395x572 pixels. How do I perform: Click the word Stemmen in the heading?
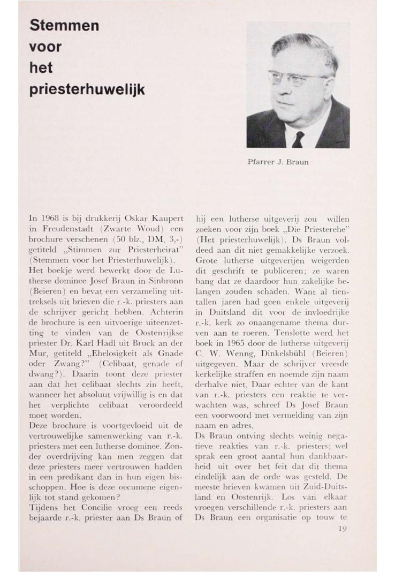coord(64,25)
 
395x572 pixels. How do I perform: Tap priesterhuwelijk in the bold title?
coord(87,89)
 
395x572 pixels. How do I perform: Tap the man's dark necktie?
coord(298,140)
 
